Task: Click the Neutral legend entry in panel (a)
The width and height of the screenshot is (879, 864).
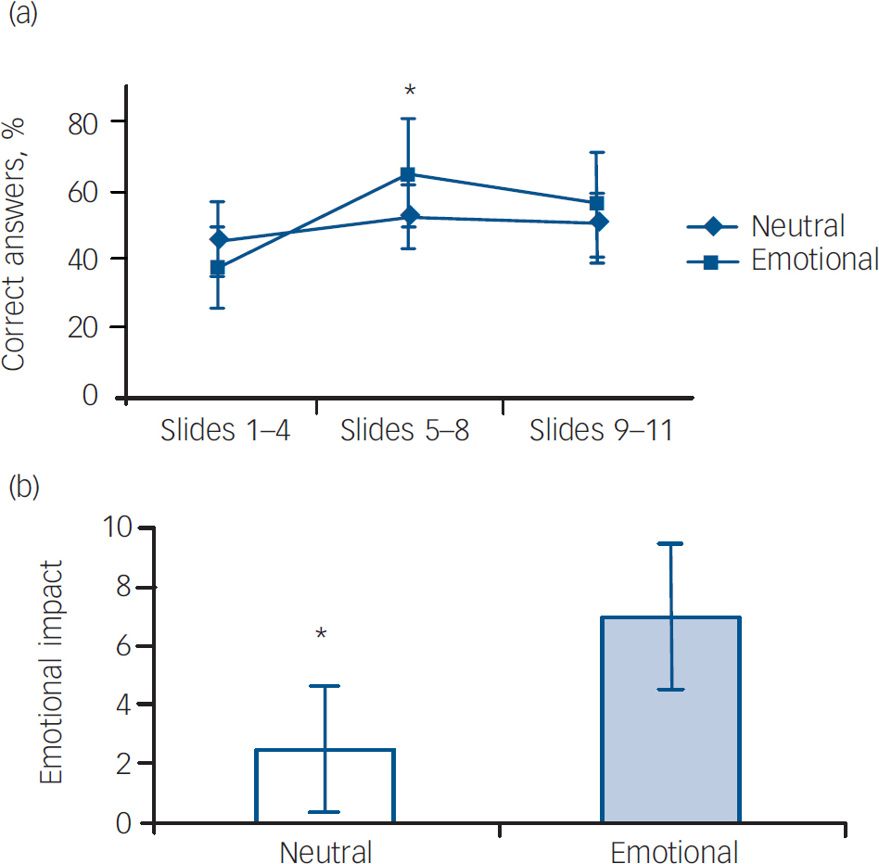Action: pyautogui.click(x=797, y=226)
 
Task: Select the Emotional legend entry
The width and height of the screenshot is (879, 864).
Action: pyautogui.click(x=813, y=260)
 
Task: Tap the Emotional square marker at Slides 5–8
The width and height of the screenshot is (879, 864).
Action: pyautogui.click(x=408, y=174)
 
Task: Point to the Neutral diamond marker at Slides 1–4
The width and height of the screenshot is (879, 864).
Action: pyautogui.click(x=219, y=240)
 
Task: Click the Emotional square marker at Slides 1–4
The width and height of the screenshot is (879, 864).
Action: pyautogui.click(x=218, y=269)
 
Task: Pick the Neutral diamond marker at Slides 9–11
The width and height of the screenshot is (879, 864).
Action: pyautogui.click(x=598, y=222)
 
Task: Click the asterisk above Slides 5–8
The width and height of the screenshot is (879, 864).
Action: pyautogui.click(x=409, y=91)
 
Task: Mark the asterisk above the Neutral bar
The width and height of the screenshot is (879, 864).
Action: pyautogui.click(x=321, y=635)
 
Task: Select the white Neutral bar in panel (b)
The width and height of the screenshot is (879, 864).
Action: pyautogui.click(x=325, y=786)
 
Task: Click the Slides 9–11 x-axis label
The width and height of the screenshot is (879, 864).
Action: pyautogui.click(x=600, y=431)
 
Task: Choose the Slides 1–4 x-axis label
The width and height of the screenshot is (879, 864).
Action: pyautogui.click(x=225, y=431)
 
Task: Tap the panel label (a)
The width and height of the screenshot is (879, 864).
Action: pyautogui.click(x=21, y=16)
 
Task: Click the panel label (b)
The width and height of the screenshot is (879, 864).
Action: pyautogui.click(x=21, y=488)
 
